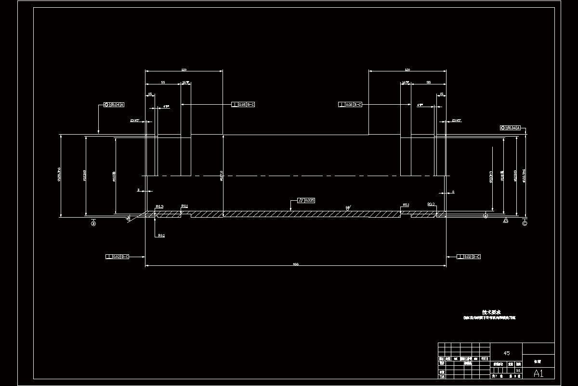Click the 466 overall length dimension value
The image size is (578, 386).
point(295,264)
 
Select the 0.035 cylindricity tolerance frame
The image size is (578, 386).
point(306,200)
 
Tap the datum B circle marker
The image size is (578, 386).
point(94,223)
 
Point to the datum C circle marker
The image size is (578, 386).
point(525,223)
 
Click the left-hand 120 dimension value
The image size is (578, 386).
point(184,70)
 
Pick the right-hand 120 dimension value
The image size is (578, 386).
point(407,70)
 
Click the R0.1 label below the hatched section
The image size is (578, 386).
point(161,235)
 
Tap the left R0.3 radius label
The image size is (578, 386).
point(159,207)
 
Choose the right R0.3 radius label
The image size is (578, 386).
point(431,205)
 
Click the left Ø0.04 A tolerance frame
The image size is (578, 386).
point(114,104)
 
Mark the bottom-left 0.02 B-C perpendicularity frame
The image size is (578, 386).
point(118,257)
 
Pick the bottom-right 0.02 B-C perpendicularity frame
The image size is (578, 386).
point(469,257)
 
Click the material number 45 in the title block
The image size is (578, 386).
point(506,353)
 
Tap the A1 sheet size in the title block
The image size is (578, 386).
point(539,373)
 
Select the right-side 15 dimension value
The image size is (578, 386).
point(441,94)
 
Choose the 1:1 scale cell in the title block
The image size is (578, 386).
point(518,370)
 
